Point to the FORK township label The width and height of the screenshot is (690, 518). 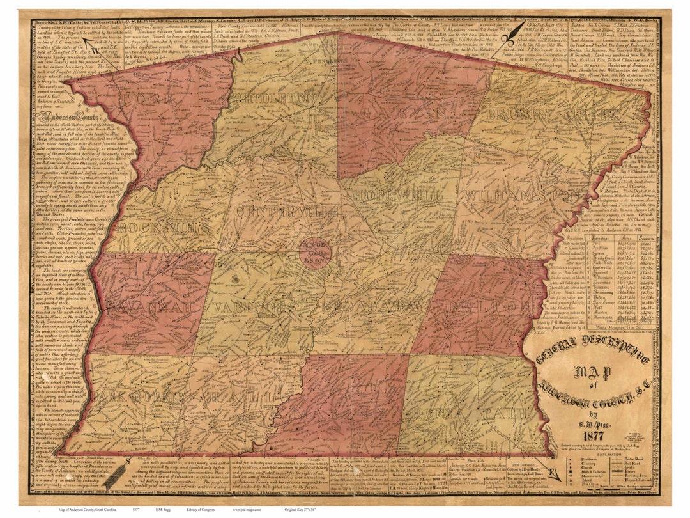pos(148,100)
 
